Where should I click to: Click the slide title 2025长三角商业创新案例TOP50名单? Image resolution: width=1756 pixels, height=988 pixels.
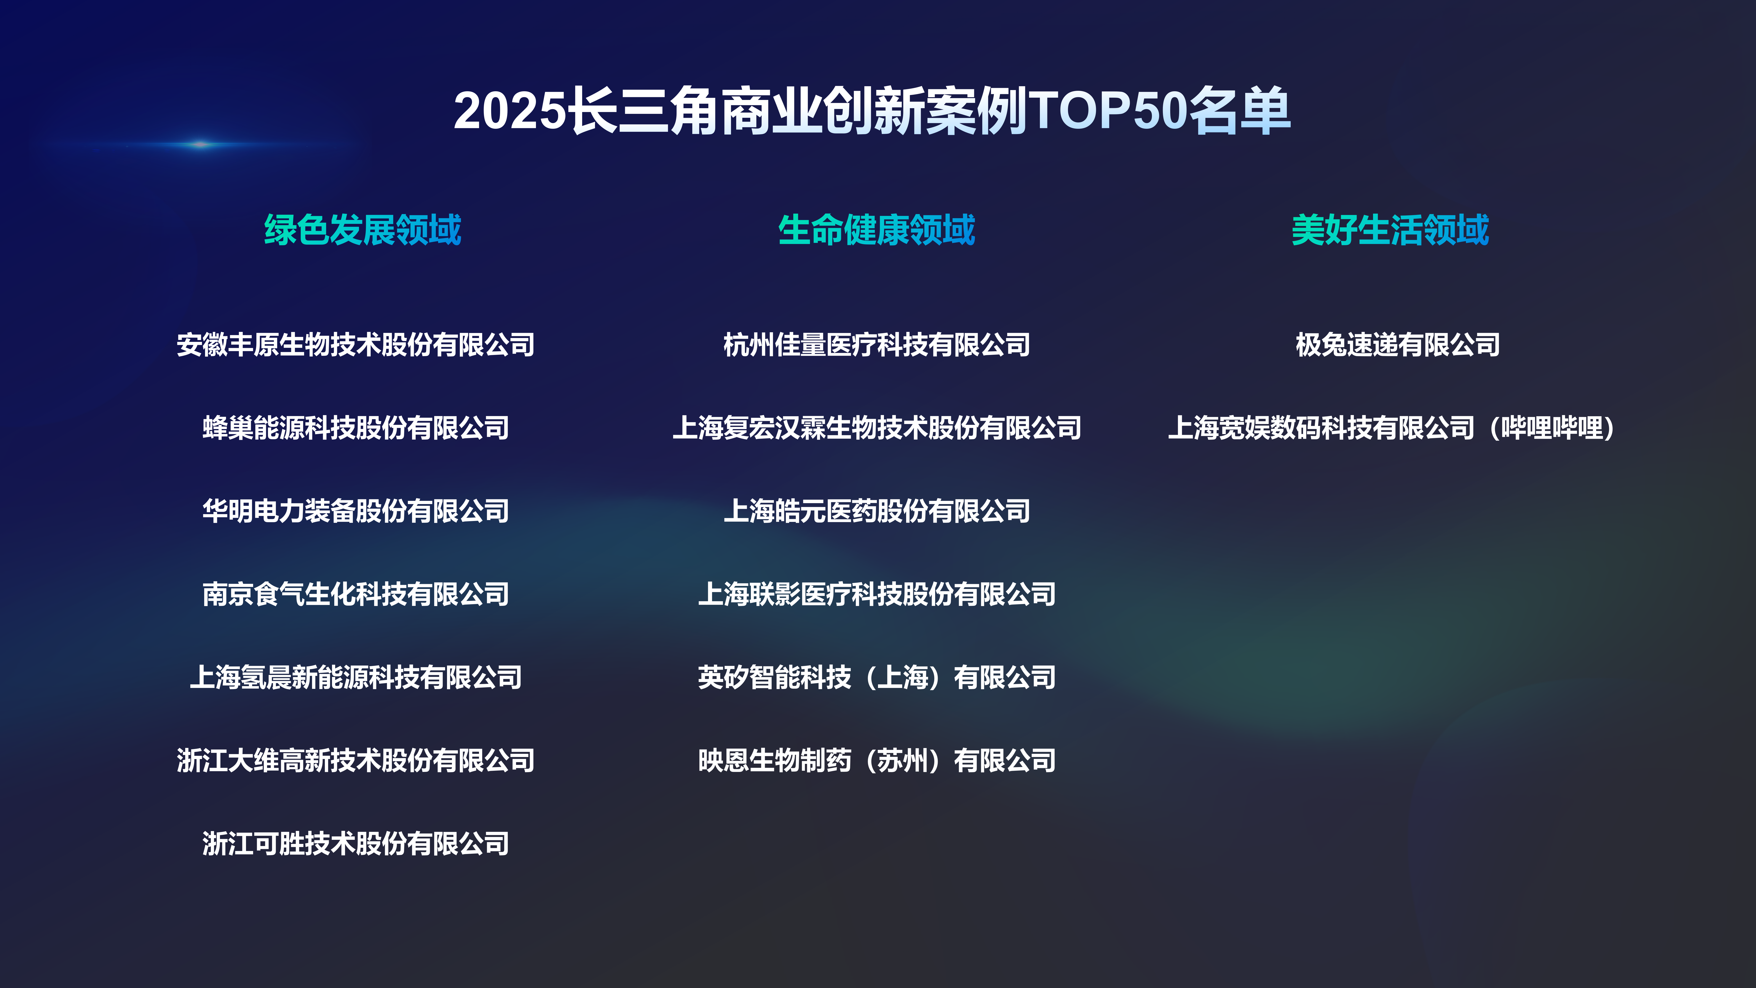click(x=872, y=110)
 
